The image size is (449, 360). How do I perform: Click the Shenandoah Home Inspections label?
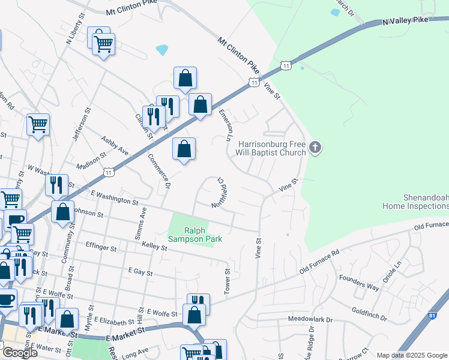pyautogui.click(x=415, y=202)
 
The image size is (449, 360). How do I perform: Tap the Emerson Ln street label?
pyautogui.click(x=227, y=125)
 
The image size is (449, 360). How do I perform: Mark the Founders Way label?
pyautogui.click(x=359, y=282)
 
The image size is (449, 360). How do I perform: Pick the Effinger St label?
pyautogui.click(x=101, y=247)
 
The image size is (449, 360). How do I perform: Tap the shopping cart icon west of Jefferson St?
pyautogui.click(x=38, y=125)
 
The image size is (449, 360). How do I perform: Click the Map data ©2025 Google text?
pyautogui.click(x=412, y=355)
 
